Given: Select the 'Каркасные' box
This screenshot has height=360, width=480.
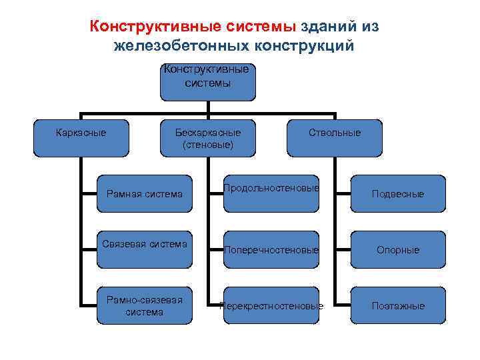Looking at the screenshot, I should point(81,139).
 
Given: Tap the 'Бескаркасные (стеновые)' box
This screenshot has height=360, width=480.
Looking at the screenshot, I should point(207,139).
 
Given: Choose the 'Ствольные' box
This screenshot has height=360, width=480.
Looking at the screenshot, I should point(335,139).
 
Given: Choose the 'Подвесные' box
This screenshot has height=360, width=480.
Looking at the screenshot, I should point(397,194).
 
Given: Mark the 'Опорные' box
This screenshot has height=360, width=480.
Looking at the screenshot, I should point(397,249).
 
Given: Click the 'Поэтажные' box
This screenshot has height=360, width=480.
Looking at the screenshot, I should point(397,305).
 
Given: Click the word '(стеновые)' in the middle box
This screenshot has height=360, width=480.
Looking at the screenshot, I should point(207,144).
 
